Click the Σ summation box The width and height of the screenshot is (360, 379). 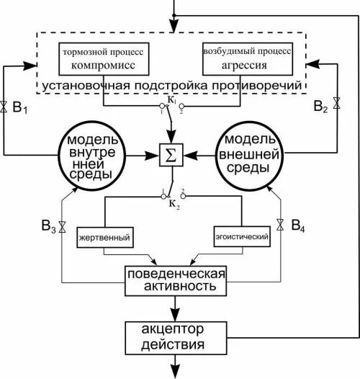pyautogui.click(x=171, y=155)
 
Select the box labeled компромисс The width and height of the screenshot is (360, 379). pyautogui.click(x=104, y=59)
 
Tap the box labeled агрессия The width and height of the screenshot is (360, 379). pyautogui.click(x=248, y=59)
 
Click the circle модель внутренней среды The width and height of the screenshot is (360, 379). pyautogui.click(x=92, y=156)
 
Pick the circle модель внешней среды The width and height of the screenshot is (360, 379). pyautogui.click(x=249, y=156)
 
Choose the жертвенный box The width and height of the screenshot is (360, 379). pyautogui.click(x=105, y=237)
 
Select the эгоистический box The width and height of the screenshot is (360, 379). pyautogui.click(x=242, y=236)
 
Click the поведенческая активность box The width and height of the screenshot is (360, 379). pyautogui.click(x=176, y=281)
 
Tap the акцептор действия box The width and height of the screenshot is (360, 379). pyautogui.click(x=176, y=338)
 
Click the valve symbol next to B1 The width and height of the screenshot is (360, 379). pyautogui.click(x=4, y=107)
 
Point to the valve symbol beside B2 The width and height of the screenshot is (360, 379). pyautogui.click(x=336, y=103)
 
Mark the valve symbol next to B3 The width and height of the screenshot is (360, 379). pyautogui.click(x=63, y=227)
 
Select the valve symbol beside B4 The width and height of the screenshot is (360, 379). pyautogui.click(x=280, y=225)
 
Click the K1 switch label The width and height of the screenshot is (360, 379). pyautogui.click(x=172, y=100)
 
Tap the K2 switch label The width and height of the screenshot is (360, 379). pyautogui.click(x=174, y=204)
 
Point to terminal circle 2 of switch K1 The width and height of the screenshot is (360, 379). pyautogui.click(x=181, y=106)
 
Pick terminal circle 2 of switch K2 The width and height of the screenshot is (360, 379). pyautogui.click(x=183, y=196)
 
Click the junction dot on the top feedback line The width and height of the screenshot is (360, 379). pyautogui.click(x=174, y=15)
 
